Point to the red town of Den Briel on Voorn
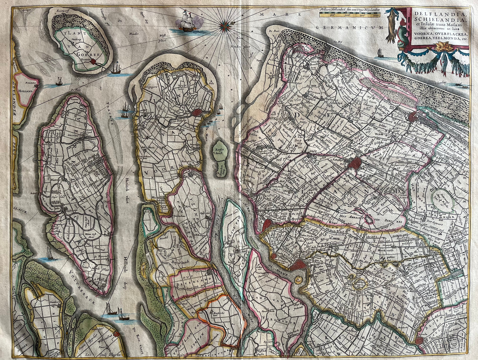197,113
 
